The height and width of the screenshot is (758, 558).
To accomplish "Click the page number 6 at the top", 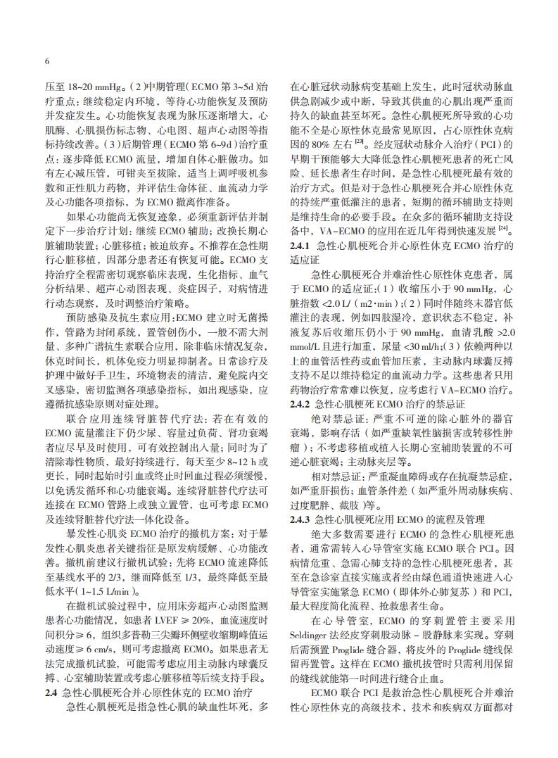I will (x=46, y=61).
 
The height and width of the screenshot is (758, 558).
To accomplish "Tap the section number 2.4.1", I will (x=303, y=246).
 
